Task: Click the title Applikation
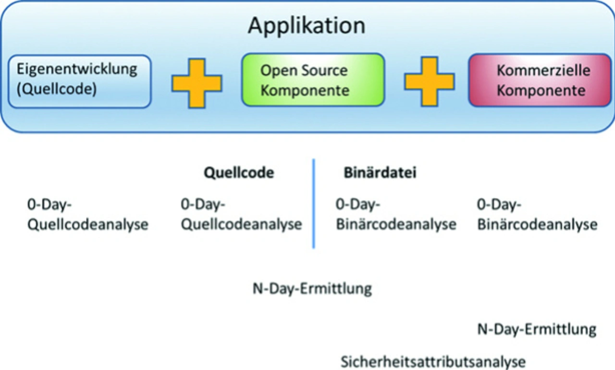307,26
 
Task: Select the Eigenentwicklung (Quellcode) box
79,82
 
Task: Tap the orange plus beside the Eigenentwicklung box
197,83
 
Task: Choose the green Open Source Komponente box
313,80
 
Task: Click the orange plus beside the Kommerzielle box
430,82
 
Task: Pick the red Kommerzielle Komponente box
540,80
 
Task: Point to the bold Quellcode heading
239,173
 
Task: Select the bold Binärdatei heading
380,172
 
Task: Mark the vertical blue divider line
314,203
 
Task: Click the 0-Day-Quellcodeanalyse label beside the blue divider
241,215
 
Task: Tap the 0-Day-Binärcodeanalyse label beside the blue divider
396,215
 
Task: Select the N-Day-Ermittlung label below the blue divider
312,289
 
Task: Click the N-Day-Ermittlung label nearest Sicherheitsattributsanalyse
537,329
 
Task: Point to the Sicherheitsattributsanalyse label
433,362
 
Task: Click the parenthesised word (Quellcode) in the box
57,89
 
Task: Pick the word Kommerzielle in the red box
543,71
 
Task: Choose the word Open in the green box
278,71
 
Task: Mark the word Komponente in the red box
541,91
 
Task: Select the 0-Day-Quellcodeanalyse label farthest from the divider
87,215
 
